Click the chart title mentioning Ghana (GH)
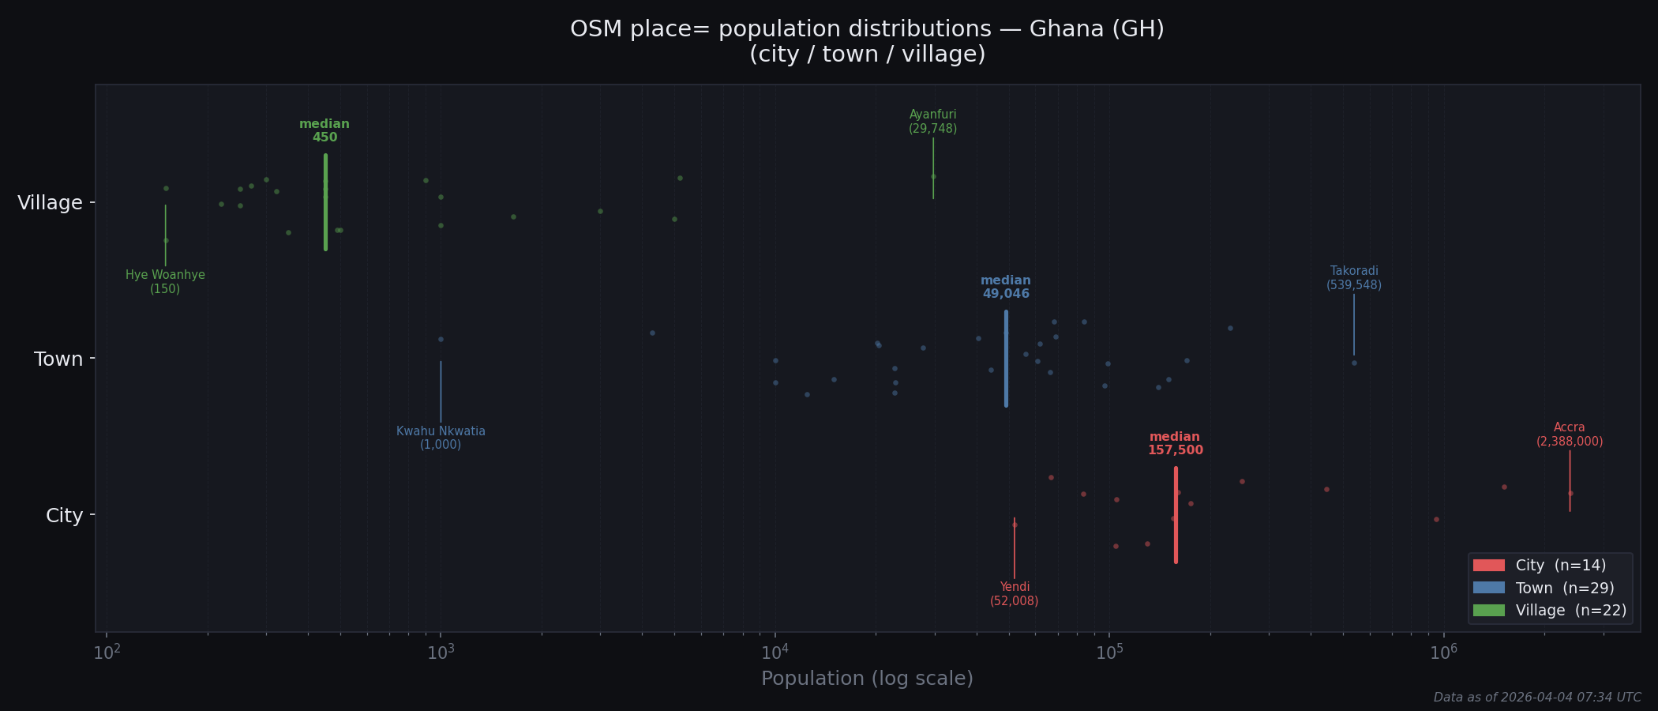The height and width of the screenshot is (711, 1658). coord(867,41)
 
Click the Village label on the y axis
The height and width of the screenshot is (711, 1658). coord(50,203)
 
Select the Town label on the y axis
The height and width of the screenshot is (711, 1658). coord(58,359)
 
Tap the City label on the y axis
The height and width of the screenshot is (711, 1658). coord(64,516)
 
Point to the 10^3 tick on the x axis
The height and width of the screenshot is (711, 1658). coord(441,652)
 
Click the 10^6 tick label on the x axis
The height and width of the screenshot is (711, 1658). coord(1443,652)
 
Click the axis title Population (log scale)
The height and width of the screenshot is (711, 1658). coord(867,679)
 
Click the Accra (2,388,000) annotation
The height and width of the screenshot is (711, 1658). coord(1569,434)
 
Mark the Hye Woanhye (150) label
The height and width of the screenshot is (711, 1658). coord(165,282)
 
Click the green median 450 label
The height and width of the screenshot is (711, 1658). coord(324,131)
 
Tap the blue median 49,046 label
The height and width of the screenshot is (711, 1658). coord(1005,288)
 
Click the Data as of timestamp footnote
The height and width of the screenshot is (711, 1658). coord(1536,698)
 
